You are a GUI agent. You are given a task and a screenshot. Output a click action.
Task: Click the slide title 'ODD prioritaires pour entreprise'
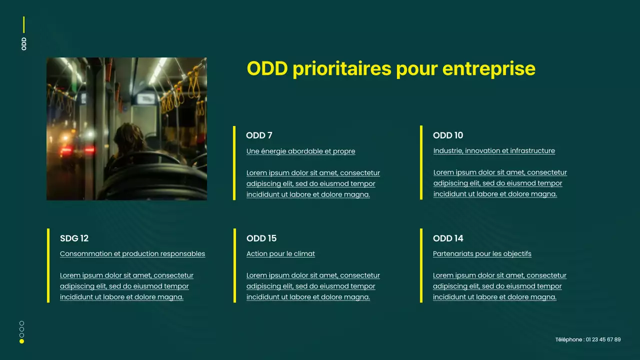(391, 68)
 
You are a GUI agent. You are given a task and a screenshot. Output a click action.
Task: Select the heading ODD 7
(259, 135)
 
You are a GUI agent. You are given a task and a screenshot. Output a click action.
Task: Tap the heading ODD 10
(448, 135)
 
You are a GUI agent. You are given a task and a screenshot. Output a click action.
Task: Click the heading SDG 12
(74, 238)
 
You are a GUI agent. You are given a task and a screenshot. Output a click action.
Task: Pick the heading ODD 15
(261, 238)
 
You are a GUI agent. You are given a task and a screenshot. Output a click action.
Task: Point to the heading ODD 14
(448, 238)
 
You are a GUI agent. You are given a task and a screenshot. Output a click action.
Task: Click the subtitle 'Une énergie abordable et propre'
(300, 151)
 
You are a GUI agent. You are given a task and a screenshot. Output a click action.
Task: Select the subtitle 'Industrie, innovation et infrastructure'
(494, 151)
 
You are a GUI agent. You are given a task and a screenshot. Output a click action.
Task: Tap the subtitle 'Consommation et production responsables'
(132, 254)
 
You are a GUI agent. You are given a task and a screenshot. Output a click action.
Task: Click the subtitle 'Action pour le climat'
(280, 254)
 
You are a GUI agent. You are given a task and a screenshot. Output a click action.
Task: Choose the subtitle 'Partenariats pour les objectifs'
(482, 254)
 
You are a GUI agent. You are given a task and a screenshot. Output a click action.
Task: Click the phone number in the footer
(588, 340)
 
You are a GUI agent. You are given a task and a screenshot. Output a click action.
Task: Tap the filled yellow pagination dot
(21, 341)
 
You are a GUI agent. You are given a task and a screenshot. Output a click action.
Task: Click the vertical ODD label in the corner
(24, 43)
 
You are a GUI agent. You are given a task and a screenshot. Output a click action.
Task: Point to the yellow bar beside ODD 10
(421, 162)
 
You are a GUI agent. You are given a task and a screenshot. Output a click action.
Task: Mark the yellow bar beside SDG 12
(48, 265)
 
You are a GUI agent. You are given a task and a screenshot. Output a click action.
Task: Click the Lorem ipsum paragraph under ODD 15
(313, 286)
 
